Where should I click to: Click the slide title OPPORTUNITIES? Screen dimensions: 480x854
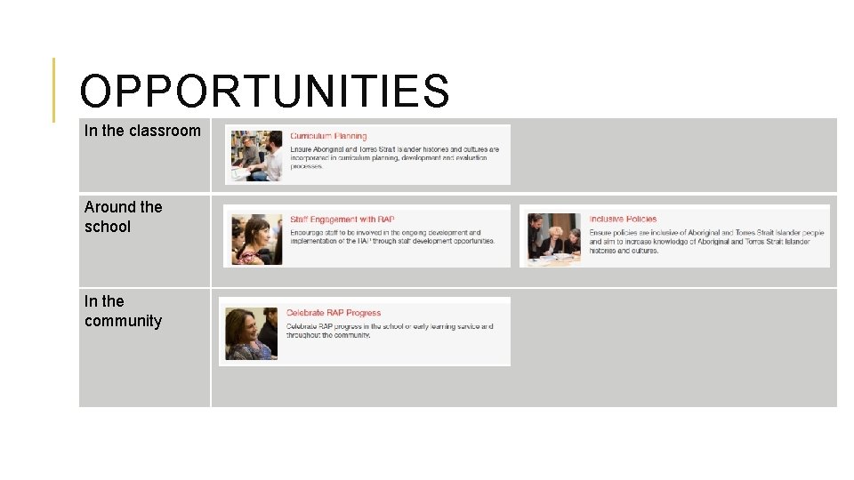[264, 92]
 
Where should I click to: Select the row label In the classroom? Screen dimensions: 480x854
[142, 131]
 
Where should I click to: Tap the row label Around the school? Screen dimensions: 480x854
[124, 217]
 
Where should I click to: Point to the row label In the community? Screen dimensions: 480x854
[124, 311]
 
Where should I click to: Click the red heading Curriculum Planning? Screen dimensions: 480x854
[328, 136]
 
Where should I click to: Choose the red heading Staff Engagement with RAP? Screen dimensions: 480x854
[342, 220]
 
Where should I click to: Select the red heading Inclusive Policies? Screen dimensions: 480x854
[623, 219]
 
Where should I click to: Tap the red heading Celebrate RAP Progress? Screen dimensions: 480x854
[333, 313]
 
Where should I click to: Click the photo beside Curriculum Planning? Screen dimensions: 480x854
[256, 156]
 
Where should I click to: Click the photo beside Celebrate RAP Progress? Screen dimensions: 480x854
[252, 333]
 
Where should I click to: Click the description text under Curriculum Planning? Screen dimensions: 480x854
[394, 158]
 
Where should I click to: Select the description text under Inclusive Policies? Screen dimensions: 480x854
[706, 242]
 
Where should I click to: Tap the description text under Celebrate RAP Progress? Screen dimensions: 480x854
[389, 331]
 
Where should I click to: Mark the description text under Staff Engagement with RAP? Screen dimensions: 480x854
[391, 237]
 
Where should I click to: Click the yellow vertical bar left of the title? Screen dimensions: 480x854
[53, 90]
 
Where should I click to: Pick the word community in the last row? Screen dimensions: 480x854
[124, 321]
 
